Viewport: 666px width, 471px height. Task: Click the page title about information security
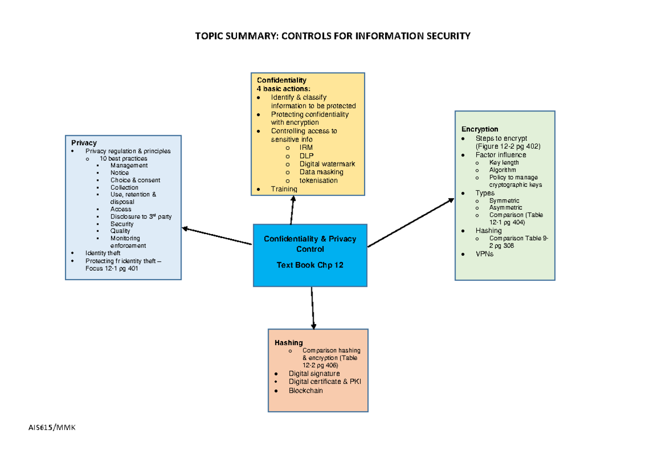(x=332, y=36)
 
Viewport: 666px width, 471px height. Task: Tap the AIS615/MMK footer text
(x=48, y=427)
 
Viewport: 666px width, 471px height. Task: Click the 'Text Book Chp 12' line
(x=310, y=265)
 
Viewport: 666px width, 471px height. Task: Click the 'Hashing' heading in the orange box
(x=289, y=343)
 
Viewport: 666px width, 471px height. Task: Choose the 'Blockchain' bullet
(x=305, y=391)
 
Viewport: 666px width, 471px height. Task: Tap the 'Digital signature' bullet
(x=314, y=373)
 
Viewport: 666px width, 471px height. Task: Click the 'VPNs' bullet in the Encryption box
(x=484, y=254)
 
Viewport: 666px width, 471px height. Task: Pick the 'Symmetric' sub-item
(x=504, y=200)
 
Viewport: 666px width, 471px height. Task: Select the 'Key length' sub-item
(x=504, y=163)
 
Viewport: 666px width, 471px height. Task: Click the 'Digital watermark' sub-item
(x=327, y=164)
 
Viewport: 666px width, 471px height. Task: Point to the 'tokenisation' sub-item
(x=318, y=180)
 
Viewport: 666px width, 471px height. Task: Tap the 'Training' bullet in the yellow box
(x=284, y=189)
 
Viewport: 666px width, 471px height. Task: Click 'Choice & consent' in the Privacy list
(x=135, y=180)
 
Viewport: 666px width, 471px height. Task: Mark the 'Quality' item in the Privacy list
(x=120, y=231)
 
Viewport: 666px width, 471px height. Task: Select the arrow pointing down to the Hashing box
(x=312, y=308)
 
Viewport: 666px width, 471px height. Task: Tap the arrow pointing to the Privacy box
(x=216, y=236)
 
